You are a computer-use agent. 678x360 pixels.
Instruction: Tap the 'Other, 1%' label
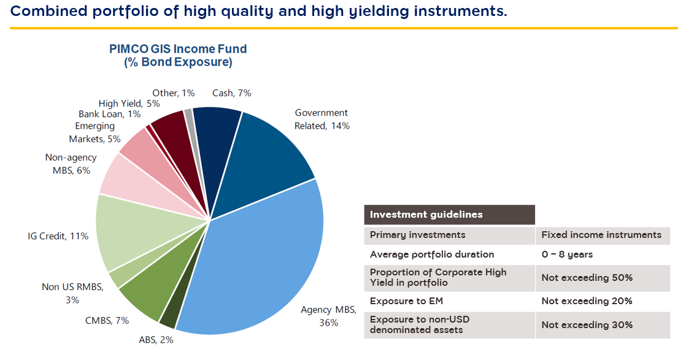tap(174, 93)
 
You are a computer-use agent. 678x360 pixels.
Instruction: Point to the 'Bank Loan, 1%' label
tap(109, 114)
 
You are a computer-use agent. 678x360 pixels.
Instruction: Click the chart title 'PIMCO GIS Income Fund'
tap(178, 49)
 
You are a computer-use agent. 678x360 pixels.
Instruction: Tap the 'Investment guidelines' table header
tap(426, 215)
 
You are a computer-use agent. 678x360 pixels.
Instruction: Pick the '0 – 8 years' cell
tap(568, 255)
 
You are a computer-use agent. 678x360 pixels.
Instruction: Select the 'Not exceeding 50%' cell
tap(587, 278)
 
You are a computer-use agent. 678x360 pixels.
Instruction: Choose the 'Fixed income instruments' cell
tap(601, 235)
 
